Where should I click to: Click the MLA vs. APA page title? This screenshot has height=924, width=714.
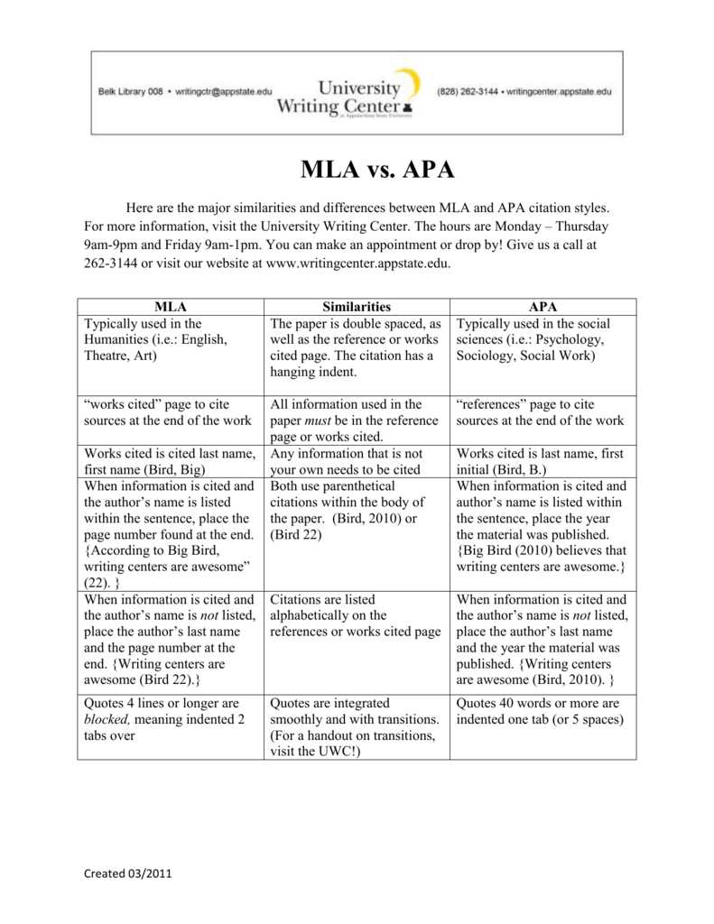tap(377, 170)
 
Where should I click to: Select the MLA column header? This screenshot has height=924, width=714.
tap(170, 307)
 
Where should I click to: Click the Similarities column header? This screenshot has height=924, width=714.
tap(357, 307)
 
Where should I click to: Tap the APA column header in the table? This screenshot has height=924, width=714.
tap(543, 307)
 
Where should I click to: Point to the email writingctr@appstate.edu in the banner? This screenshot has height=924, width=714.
tap(223, 92)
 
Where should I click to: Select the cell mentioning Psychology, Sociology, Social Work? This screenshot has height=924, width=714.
tap(542, 340)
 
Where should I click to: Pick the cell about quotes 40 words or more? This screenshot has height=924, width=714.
tap(542, 711)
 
